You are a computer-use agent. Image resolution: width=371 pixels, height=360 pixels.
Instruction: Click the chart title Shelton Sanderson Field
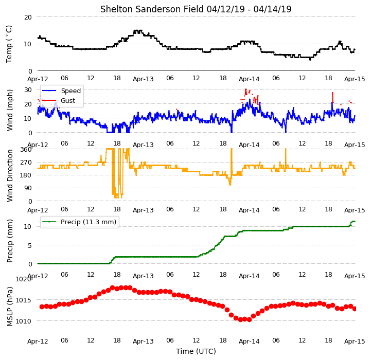pyautogui.click(x=152, y=9)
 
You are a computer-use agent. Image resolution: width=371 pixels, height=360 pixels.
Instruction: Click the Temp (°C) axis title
pyautogui.click(x=9, y=44)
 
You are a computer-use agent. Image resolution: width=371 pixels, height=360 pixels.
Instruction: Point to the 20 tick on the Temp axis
pyautogui.click(x=28, y=17)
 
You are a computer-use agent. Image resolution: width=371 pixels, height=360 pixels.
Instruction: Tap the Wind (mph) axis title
pyautogui.click(x=10, y=110)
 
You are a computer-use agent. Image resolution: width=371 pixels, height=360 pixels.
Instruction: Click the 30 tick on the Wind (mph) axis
pyautogui.click(x=28, y=90)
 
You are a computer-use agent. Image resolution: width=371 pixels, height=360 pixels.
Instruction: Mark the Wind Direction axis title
pyautogui.click(x=10, y=175)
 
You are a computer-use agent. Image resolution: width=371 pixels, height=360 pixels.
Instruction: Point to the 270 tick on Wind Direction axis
pyautogui.click(x=26, y=163)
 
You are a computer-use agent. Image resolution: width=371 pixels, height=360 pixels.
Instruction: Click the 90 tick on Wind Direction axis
pyautogui.click(x=28, y=188)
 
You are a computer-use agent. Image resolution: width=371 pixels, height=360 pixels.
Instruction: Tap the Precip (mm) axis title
pyautogui.click(x=10, y=241)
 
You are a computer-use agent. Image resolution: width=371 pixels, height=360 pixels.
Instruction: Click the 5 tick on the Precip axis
pyautogui.click(x=30, y=245)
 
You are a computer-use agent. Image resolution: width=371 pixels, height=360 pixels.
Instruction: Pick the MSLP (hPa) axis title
pyautogui.click(x=10, y=307)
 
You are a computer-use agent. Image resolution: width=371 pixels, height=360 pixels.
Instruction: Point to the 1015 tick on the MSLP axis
pyautogui.click(x=24, y=300)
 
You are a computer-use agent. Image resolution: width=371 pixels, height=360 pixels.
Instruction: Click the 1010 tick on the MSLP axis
pyautogui.click(x=24, y=321)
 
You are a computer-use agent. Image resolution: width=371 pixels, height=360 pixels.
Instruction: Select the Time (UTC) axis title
pyautogui.click(x=196, y=351)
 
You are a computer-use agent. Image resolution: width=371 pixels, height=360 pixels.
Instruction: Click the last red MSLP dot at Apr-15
pyautogui.click(x=355, y=309)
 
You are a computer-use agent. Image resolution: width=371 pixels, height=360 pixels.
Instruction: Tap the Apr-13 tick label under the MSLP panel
pyautogui.click(x=143, y=341)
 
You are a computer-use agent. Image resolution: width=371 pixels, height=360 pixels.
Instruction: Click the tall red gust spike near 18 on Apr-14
pyautogui.click(x=333, y=97)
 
